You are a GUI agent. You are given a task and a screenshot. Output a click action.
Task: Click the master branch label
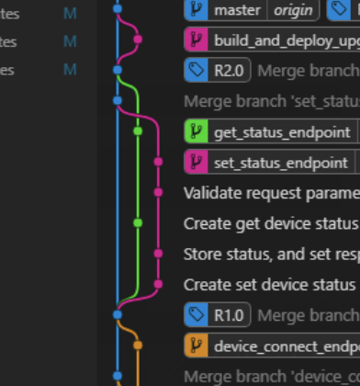pyautogui.click(x=236, y=10)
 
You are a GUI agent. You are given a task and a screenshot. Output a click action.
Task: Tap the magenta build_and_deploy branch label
pyautogui.click(x=285, y=40)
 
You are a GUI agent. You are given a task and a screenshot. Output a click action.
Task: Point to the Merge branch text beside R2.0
pyautogui.click(x=308, y=71)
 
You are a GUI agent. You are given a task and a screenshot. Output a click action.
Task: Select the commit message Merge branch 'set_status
pyautogui.click(x=271, y=101)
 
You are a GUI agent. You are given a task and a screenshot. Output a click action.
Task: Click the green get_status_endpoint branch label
pyautogui.click(x=276, y=131)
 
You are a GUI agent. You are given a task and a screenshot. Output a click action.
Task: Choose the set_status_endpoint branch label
pyautogui.click(x=276, y=162)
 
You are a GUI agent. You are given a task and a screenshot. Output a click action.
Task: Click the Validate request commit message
pyautogui.click(x=271, y=192)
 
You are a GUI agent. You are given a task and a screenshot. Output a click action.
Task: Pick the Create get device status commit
pyautogui.click(x=271, y=222)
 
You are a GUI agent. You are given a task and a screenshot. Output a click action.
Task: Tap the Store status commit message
pyautogui.click(x=271, y=254)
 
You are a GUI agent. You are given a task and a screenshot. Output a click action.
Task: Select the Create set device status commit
pyautogui.click(x=271, y=284)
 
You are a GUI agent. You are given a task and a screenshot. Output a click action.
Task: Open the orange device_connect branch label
pyautogui.click(x=285, y=346)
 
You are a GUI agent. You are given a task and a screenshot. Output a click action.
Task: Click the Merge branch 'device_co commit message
pyautogui.click(x=271, y=376)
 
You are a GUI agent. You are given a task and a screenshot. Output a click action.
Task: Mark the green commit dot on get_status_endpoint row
pyautogui.click(x=138, y=131)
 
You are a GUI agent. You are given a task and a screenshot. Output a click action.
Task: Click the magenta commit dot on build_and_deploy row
pyautogui.click(x=138, y=40)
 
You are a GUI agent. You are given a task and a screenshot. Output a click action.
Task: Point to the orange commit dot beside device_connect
pyautogui.click(x=138, y=346)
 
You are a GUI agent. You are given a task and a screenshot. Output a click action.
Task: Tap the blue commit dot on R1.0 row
pyautogui.click(x=117, y=315)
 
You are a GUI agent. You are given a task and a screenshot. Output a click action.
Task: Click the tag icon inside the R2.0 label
pyautogui.click(x=197, y=71)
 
